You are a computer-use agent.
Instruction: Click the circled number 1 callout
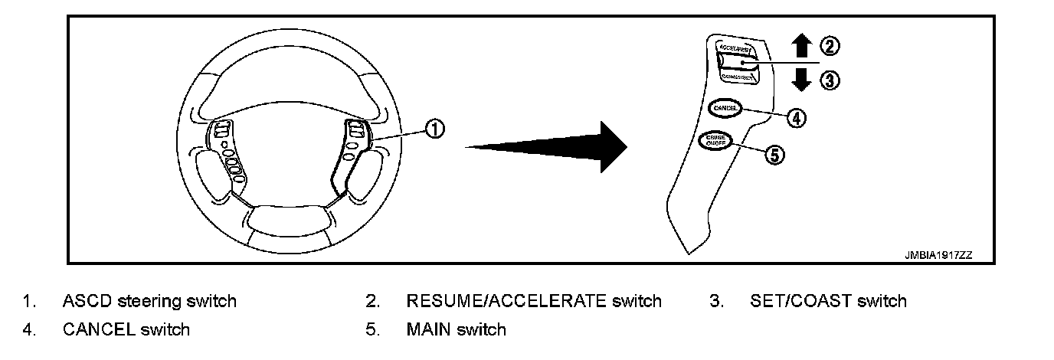434,129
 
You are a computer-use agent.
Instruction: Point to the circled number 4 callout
797,118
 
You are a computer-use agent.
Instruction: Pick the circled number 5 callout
774,155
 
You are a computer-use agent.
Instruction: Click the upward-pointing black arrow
801,47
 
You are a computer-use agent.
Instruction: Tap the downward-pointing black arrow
801,80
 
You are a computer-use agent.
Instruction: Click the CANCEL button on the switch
724,109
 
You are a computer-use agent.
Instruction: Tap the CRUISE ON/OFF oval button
716,140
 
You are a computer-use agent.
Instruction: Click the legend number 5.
373,330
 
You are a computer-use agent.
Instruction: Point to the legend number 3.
716,301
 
